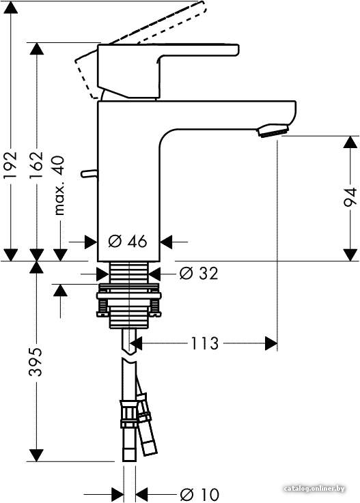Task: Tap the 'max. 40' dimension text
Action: coord(59,185)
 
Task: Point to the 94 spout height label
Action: coord(350,197)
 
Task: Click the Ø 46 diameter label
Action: coord(127,241)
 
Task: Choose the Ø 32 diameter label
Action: coord(199,273)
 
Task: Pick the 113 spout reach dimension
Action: coord(204,343)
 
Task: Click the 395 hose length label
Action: coord(36,361)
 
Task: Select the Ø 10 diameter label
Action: coord(199,494)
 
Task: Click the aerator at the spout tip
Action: coord(273,130)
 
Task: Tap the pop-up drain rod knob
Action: coord(89,173)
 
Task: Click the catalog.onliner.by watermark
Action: coord(315,489)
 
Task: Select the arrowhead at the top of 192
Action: coord(11,7)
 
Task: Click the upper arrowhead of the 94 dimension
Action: coord(350,142)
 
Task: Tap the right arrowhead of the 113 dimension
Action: coord(271,343)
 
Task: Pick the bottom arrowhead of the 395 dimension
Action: coord(36,455)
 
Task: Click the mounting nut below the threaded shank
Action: coord(128,301)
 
